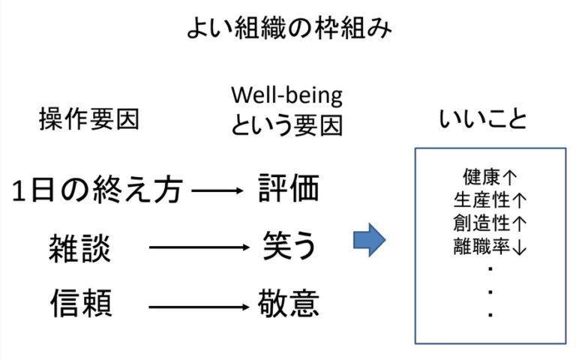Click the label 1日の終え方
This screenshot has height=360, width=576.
[x=97, y=190]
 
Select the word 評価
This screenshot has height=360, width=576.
[x=289, y=188]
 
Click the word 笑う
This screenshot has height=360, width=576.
[x=289, y=245]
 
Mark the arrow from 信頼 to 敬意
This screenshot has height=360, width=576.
[x=199, y=306]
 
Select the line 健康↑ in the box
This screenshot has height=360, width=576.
[x=490, y=178]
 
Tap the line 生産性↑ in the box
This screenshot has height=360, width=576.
[x=490, y=199]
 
